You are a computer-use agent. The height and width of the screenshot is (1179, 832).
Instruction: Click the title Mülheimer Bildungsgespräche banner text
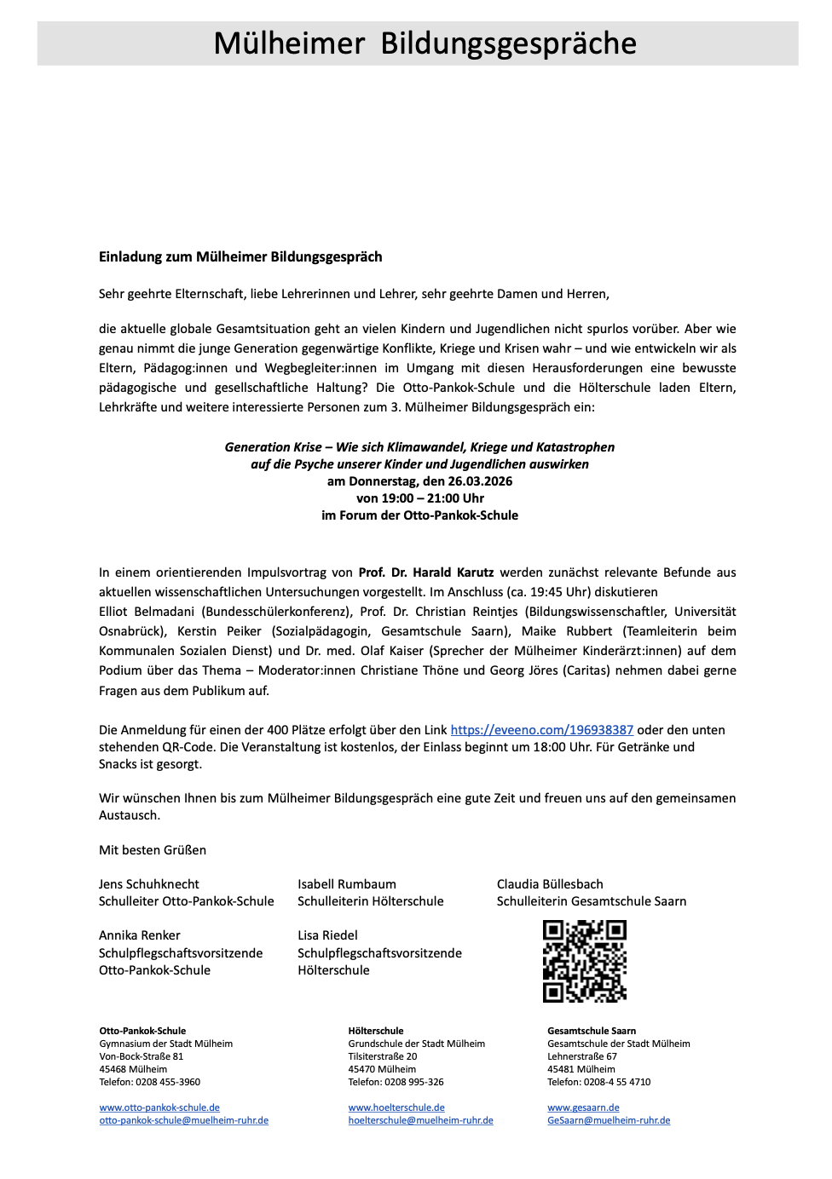coord(425,43)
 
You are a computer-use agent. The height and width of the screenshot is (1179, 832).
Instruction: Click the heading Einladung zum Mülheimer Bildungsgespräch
coord(240,257)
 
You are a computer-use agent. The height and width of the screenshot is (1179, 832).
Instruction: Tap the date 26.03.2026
coord(480,481)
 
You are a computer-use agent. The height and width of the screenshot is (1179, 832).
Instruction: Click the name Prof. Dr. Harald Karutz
coord(425,572)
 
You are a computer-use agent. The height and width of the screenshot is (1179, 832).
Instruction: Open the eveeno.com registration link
coord(541,730)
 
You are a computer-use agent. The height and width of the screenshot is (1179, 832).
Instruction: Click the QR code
coord(585,961)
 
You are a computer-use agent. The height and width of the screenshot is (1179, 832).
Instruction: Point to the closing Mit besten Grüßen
coord(153,850)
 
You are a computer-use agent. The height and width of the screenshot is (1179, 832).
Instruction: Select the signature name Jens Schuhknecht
coord(149,884)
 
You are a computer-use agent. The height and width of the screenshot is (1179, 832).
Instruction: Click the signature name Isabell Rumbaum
coord(347,884)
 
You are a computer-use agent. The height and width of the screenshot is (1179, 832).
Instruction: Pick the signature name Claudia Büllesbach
coord(550,884)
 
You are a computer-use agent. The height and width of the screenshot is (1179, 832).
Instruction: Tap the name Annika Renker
coord(140,935)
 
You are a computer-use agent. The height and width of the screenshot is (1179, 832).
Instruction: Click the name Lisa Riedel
coord(328,935)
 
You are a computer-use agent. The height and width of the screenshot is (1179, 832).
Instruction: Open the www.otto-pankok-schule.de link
coord(159,1107)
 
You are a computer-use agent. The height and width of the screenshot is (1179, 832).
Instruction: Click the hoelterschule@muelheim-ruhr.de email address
coord(420,1120)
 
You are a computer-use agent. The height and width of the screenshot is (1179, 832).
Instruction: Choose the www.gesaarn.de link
coord(583,1107)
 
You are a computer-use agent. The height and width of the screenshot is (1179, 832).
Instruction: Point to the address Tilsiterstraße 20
coord(383,1056)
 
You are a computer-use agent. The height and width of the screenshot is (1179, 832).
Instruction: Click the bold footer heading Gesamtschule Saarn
coord(592,1031)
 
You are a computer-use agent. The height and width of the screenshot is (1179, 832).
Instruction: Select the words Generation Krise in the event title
coord(273,447)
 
